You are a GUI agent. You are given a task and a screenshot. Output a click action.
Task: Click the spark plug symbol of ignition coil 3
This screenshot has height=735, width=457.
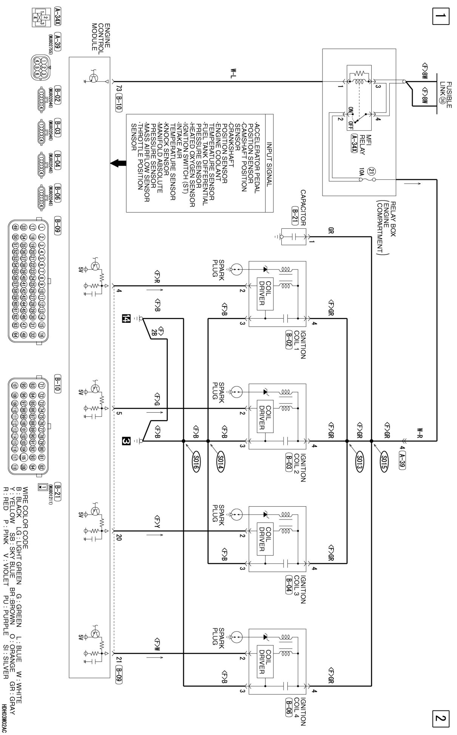[x=236, y=514]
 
